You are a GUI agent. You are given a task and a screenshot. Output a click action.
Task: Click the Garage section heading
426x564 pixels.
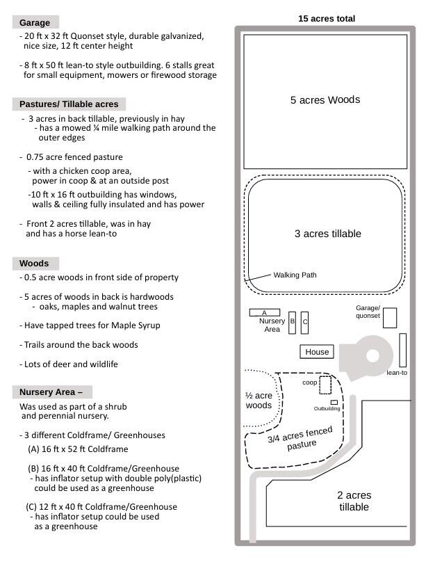[x=35, y=23]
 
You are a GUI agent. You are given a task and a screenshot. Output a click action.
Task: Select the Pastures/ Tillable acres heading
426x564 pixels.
[x=69, y=104]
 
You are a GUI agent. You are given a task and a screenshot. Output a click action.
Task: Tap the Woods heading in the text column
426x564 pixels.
[x=34, y=264]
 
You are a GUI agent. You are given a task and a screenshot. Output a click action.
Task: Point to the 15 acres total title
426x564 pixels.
[x=326, y=19]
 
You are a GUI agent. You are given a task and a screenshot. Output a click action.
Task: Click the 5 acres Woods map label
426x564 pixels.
[x=325, y=100]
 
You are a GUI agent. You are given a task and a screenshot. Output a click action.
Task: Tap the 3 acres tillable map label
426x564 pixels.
[x=327, y=234]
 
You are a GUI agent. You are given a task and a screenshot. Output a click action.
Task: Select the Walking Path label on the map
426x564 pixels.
[x=295, y=275]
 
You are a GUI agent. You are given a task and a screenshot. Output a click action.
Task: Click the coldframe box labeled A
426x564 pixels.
[x=264, y=313]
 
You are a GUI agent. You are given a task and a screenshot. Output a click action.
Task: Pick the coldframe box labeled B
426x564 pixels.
[x=292, y=322]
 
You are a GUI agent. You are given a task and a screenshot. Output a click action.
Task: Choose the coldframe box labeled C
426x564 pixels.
[x=304, y=323]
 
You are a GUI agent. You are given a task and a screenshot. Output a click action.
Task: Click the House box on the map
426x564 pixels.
[x=317, y=352]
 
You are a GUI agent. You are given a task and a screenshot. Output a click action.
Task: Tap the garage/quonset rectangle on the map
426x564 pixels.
[x=390, y=318]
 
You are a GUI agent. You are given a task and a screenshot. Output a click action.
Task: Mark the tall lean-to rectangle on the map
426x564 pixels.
[x=402, y=350]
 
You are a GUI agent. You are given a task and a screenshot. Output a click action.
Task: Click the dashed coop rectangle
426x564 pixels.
[x=325, y=385]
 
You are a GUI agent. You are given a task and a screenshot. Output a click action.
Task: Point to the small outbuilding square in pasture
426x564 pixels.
[x=334, y=402]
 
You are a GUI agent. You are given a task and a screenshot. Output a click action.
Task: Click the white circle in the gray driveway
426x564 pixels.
[x=372, y=356]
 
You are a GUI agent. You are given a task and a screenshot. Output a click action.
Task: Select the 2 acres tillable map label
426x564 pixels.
[x=354, y=501]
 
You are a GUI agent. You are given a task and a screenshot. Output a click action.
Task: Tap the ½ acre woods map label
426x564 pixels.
[x=259, y=400]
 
